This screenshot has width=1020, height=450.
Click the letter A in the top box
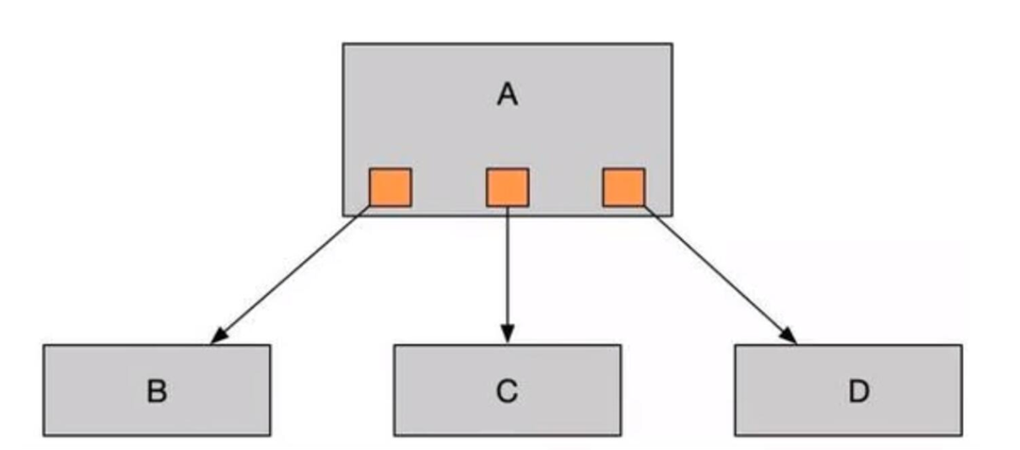pyautogui.click(x=507, y=94)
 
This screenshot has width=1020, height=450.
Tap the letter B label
pyautogui.click(x=157, y=391)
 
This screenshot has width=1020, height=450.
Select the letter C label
pyautogui.click(x=507, y=391)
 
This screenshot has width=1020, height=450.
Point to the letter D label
pyautogui.click(x=857, y=391)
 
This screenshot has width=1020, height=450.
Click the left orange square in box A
pyautogui.click(x=390, y=187)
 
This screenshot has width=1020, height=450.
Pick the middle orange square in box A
pyautogui.click(x=507, y=187)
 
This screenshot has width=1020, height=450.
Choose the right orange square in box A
pyautogui.click(x=624, y=187)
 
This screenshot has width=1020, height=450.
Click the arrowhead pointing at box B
pyautogui.click(x=218, y=336)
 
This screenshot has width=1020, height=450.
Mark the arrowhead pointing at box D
pyautogui.click(x=789, y=336)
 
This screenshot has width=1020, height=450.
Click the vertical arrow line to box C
pyautogui.click(x=507, y=267)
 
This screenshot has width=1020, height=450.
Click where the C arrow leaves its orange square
pyautogui.click(x=507, y=207)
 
